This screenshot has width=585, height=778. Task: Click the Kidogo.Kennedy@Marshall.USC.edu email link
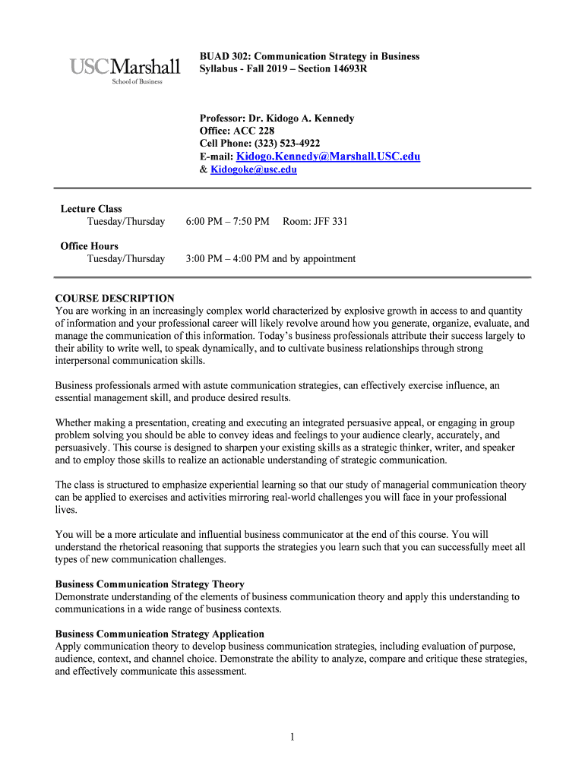pos(328,157)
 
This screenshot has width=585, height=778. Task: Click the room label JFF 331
pos(330,221)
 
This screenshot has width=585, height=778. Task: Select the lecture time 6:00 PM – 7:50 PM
pos(227,221)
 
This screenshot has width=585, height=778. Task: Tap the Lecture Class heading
pos(91,209)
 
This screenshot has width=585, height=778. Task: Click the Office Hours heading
pos(90,246)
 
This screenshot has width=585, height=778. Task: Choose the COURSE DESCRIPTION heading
pos(115,299)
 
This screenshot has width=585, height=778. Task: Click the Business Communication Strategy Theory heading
pos(150,584)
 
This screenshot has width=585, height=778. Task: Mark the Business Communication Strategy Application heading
pos(160,634)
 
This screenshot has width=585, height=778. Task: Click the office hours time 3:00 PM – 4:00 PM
pos(227,258)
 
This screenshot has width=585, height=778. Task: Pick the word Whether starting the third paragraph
pos(74,423)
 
